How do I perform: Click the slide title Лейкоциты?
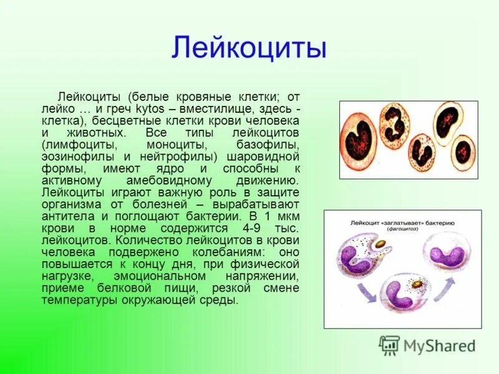(x=249, y=48)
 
